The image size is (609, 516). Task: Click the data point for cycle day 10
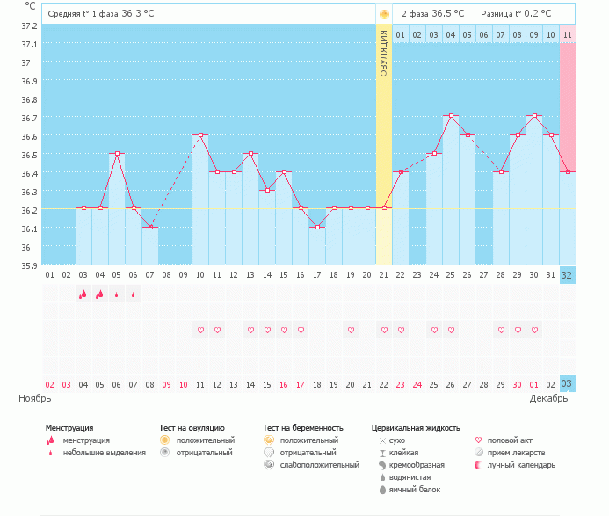(200, 134)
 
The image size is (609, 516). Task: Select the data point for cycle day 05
(117, 154)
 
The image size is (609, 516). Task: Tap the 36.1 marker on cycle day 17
(318, 228)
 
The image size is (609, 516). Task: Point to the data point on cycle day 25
(452, 116)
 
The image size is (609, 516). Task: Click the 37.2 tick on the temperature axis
(29, 26)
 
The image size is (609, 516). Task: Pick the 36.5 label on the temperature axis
(29, 155)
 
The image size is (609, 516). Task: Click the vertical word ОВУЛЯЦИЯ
(384, 54)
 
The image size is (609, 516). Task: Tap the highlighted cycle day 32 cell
(568, 275)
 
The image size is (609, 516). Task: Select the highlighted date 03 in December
(567, 384)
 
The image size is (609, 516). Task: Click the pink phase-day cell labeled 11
(568, 34)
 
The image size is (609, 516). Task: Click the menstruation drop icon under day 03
(83, 294)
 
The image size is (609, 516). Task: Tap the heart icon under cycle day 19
(352, 330)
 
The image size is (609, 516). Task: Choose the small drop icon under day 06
(134, 294)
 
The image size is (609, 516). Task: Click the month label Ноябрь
(35, 398)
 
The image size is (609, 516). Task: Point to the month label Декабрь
(548, 398)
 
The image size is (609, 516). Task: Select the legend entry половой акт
(510, 440)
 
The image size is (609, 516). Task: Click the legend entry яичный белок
(415, 490)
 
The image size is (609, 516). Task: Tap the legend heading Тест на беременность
(303, 428)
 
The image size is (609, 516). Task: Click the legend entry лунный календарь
(521, 465)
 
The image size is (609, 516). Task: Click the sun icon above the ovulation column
(384, 14)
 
